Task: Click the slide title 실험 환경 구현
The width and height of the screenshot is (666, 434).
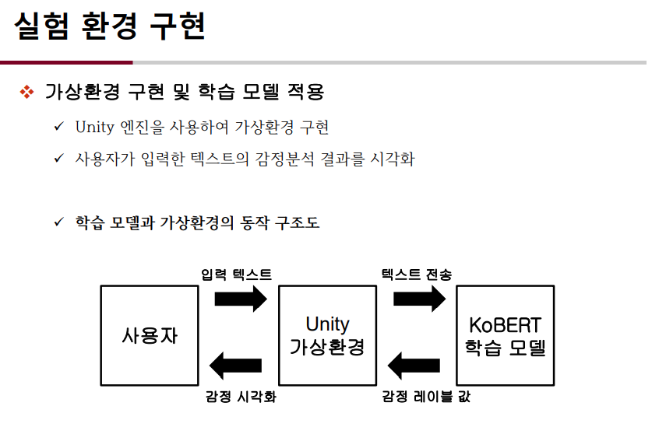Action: coord(109,27)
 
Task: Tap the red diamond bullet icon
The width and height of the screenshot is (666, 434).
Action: coord(26,93)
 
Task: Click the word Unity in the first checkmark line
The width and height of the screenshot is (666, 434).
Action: coord(94,127)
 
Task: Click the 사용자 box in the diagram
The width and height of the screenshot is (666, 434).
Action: coord(150,335)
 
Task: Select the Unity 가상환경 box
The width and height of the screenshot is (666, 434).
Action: coord(327,335)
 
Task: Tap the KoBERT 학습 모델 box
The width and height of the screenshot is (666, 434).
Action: coord(505,335)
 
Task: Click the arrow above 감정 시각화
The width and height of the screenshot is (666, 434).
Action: coord(236,366)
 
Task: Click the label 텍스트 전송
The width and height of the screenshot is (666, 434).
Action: coord(416,275)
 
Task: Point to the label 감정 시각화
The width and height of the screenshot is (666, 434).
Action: coord(241,397)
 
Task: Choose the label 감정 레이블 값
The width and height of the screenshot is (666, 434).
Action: coord(425,397)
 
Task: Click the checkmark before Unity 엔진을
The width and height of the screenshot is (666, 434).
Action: coord(58,126)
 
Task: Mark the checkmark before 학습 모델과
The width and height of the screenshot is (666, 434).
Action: coord(58,222)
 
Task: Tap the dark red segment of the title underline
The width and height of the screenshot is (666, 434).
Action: coord(66,62)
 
